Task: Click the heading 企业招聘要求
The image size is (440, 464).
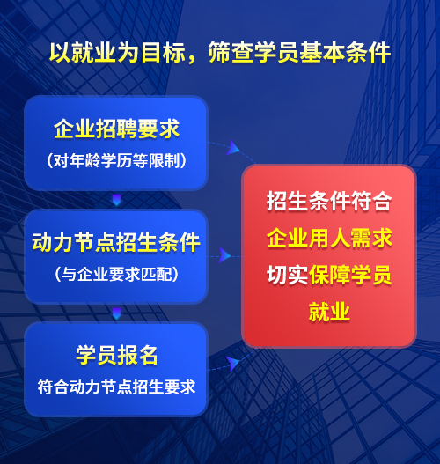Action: click(x=116, y=129)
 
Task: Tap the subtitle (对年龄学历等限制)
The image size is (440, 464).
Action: click(x=116, y=160)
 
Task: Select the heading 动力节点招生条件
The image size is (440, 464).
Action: click(x=116, y=242)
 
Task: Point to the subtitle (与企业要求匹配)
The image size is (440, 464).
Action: click(x=116, y=274)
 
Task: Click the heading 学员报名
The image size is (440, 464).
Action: click(x=116, y=355)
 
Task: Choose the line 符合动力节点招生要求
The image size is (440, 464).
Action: click(x=116, y=387)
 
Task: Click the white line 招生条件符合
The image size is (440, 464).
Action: click(x=329, y=201)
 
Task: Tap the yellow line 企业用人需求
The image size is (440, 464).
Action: click(x=329, y=238)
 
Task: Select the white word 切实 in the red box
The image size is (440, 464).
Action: click(x=287, y=275)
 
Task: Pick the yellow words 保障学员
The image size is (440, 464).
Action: click(x=350, y=275)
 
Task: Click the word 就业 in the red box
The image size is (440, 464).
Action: click(x=329, y=312)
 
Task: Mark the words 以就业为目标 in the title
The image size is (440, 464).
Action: click(x=117, y=52)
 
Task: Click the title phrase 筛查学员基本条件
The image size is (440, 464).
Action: click(x=299, y=52)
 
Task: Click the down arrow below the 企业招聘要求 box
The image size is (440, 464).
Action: click(x=116, y=200)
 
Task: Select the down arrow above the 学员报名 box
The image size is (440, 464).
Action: click(x=116, y=313)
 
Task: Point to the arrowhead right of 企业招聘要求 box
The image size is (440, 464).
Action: click(x=232, y=148)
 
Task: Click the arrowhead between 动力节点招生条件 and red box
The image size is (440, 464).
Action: click(x=224, y=255)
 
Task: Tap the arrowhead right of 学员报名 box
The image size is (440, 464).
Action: click(x=232, y=364)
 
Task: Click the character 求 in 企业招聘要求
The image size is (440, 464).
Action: click(x=170, y=129)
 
